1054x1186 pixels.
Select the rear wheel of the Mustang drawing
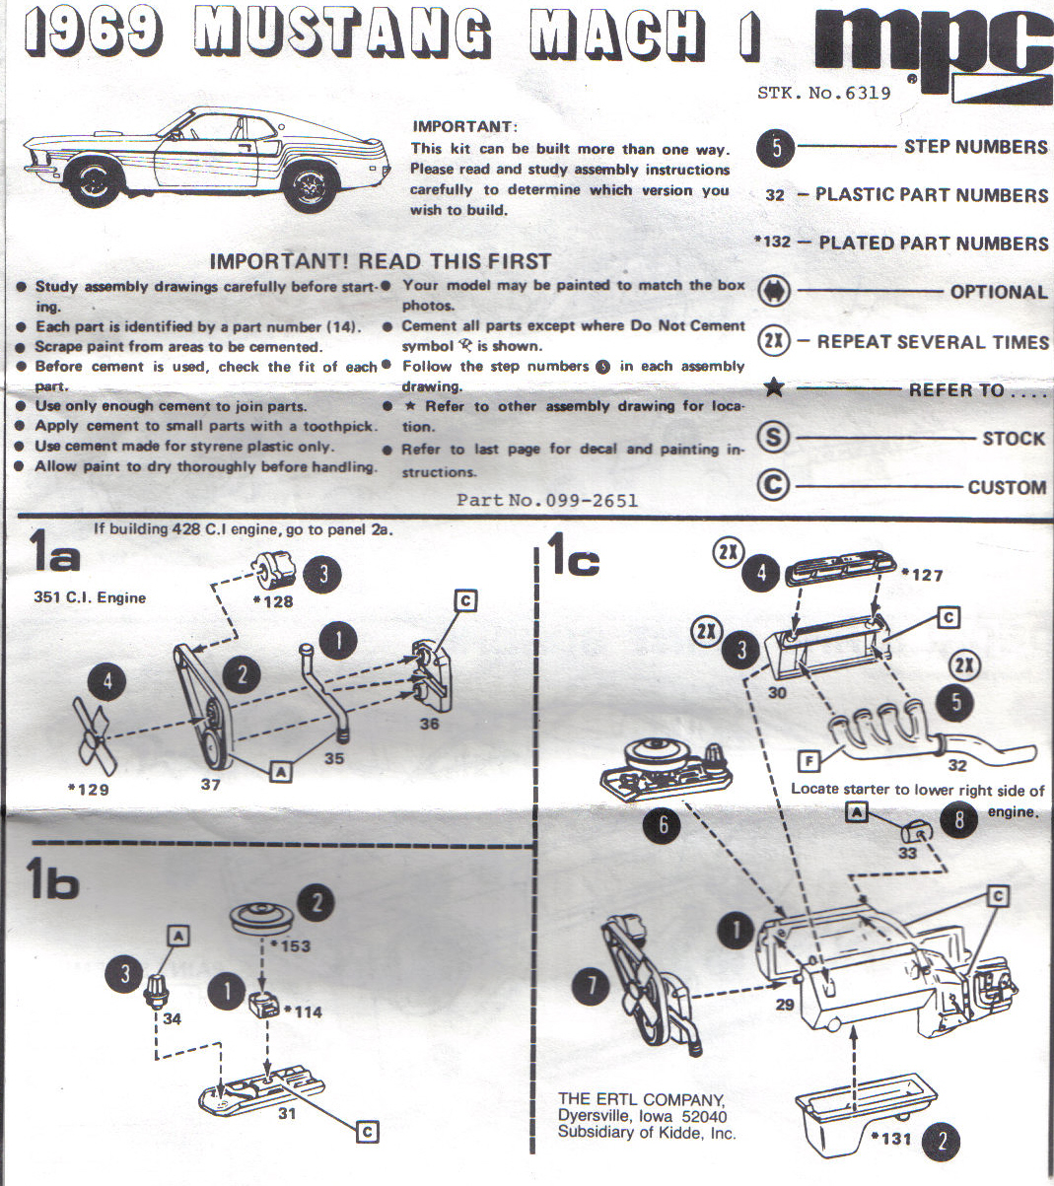click(x=311, y=186)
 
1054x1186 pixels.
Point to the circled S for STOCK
click(x=774, y=437)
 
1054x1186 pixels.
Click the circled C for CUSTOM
click(x=774, y=485)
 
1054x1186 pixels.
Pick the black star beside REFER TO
click(x=774, y=386)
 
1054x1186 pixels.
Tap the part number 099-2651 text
click(x=547, y=501)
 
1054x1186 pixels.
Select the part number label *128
click(x=273, y=601)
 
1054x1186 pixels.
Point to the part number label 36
click(x=429, y=725)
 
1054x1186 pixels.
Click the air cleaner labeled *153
click(x=260, y=919)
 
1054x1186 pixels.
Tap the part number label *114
click(x=303, y=1012)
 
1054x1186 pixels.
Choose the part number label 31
click(x=286, y=1113)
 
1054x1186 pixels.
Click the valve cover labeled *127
click(x=841, y=567)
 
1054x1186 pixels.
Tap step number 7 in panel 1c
click(x=591, y=984)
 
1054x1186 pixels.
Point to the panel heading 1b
click(x=51, y=878)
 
